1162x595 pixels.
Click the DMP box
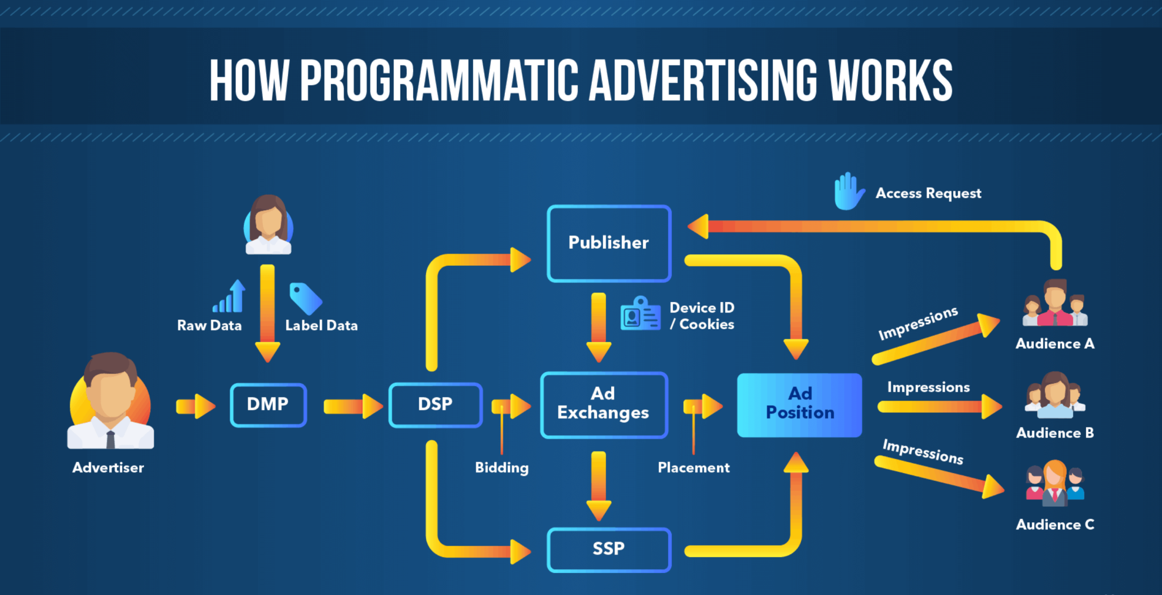(268, 405)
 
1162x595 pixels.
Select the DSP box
(435, 405)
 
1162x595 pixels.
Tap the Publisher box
(609, 243)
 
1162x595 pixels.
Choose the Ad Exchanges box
(603, 404)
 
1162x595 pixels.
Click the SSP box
(609, 549)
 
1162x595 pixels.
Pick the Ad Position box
(799, 404)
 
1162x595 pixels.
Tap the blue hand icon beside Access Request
(848, 191)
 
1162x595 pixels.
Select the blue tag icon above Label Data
(305, 298)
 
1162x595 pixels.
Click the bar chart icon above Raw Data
(230, 297)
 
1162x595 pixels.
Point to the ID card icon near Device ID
(641, 313)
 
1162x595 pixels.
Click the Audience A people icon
(1055, 303)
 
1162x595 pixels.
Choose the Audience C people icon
(1055, 483)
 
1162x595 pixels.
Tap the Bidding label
(502, 468)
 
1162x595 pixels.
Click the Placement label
(693, 468)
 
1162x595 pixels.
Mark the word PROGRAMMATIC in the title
(439, 81)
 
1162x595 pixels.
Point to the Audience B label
(1055, 433)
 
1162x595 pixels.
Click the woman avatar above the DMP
(268, 225)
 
